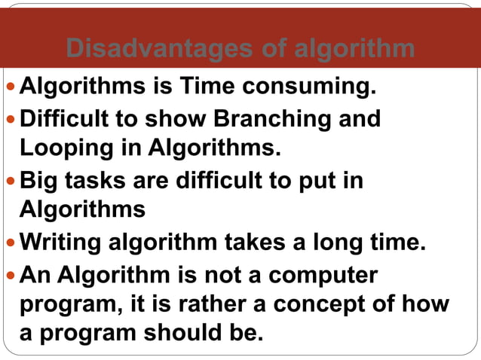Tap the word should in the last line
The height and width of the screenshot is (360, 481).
tap(174, 333)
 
